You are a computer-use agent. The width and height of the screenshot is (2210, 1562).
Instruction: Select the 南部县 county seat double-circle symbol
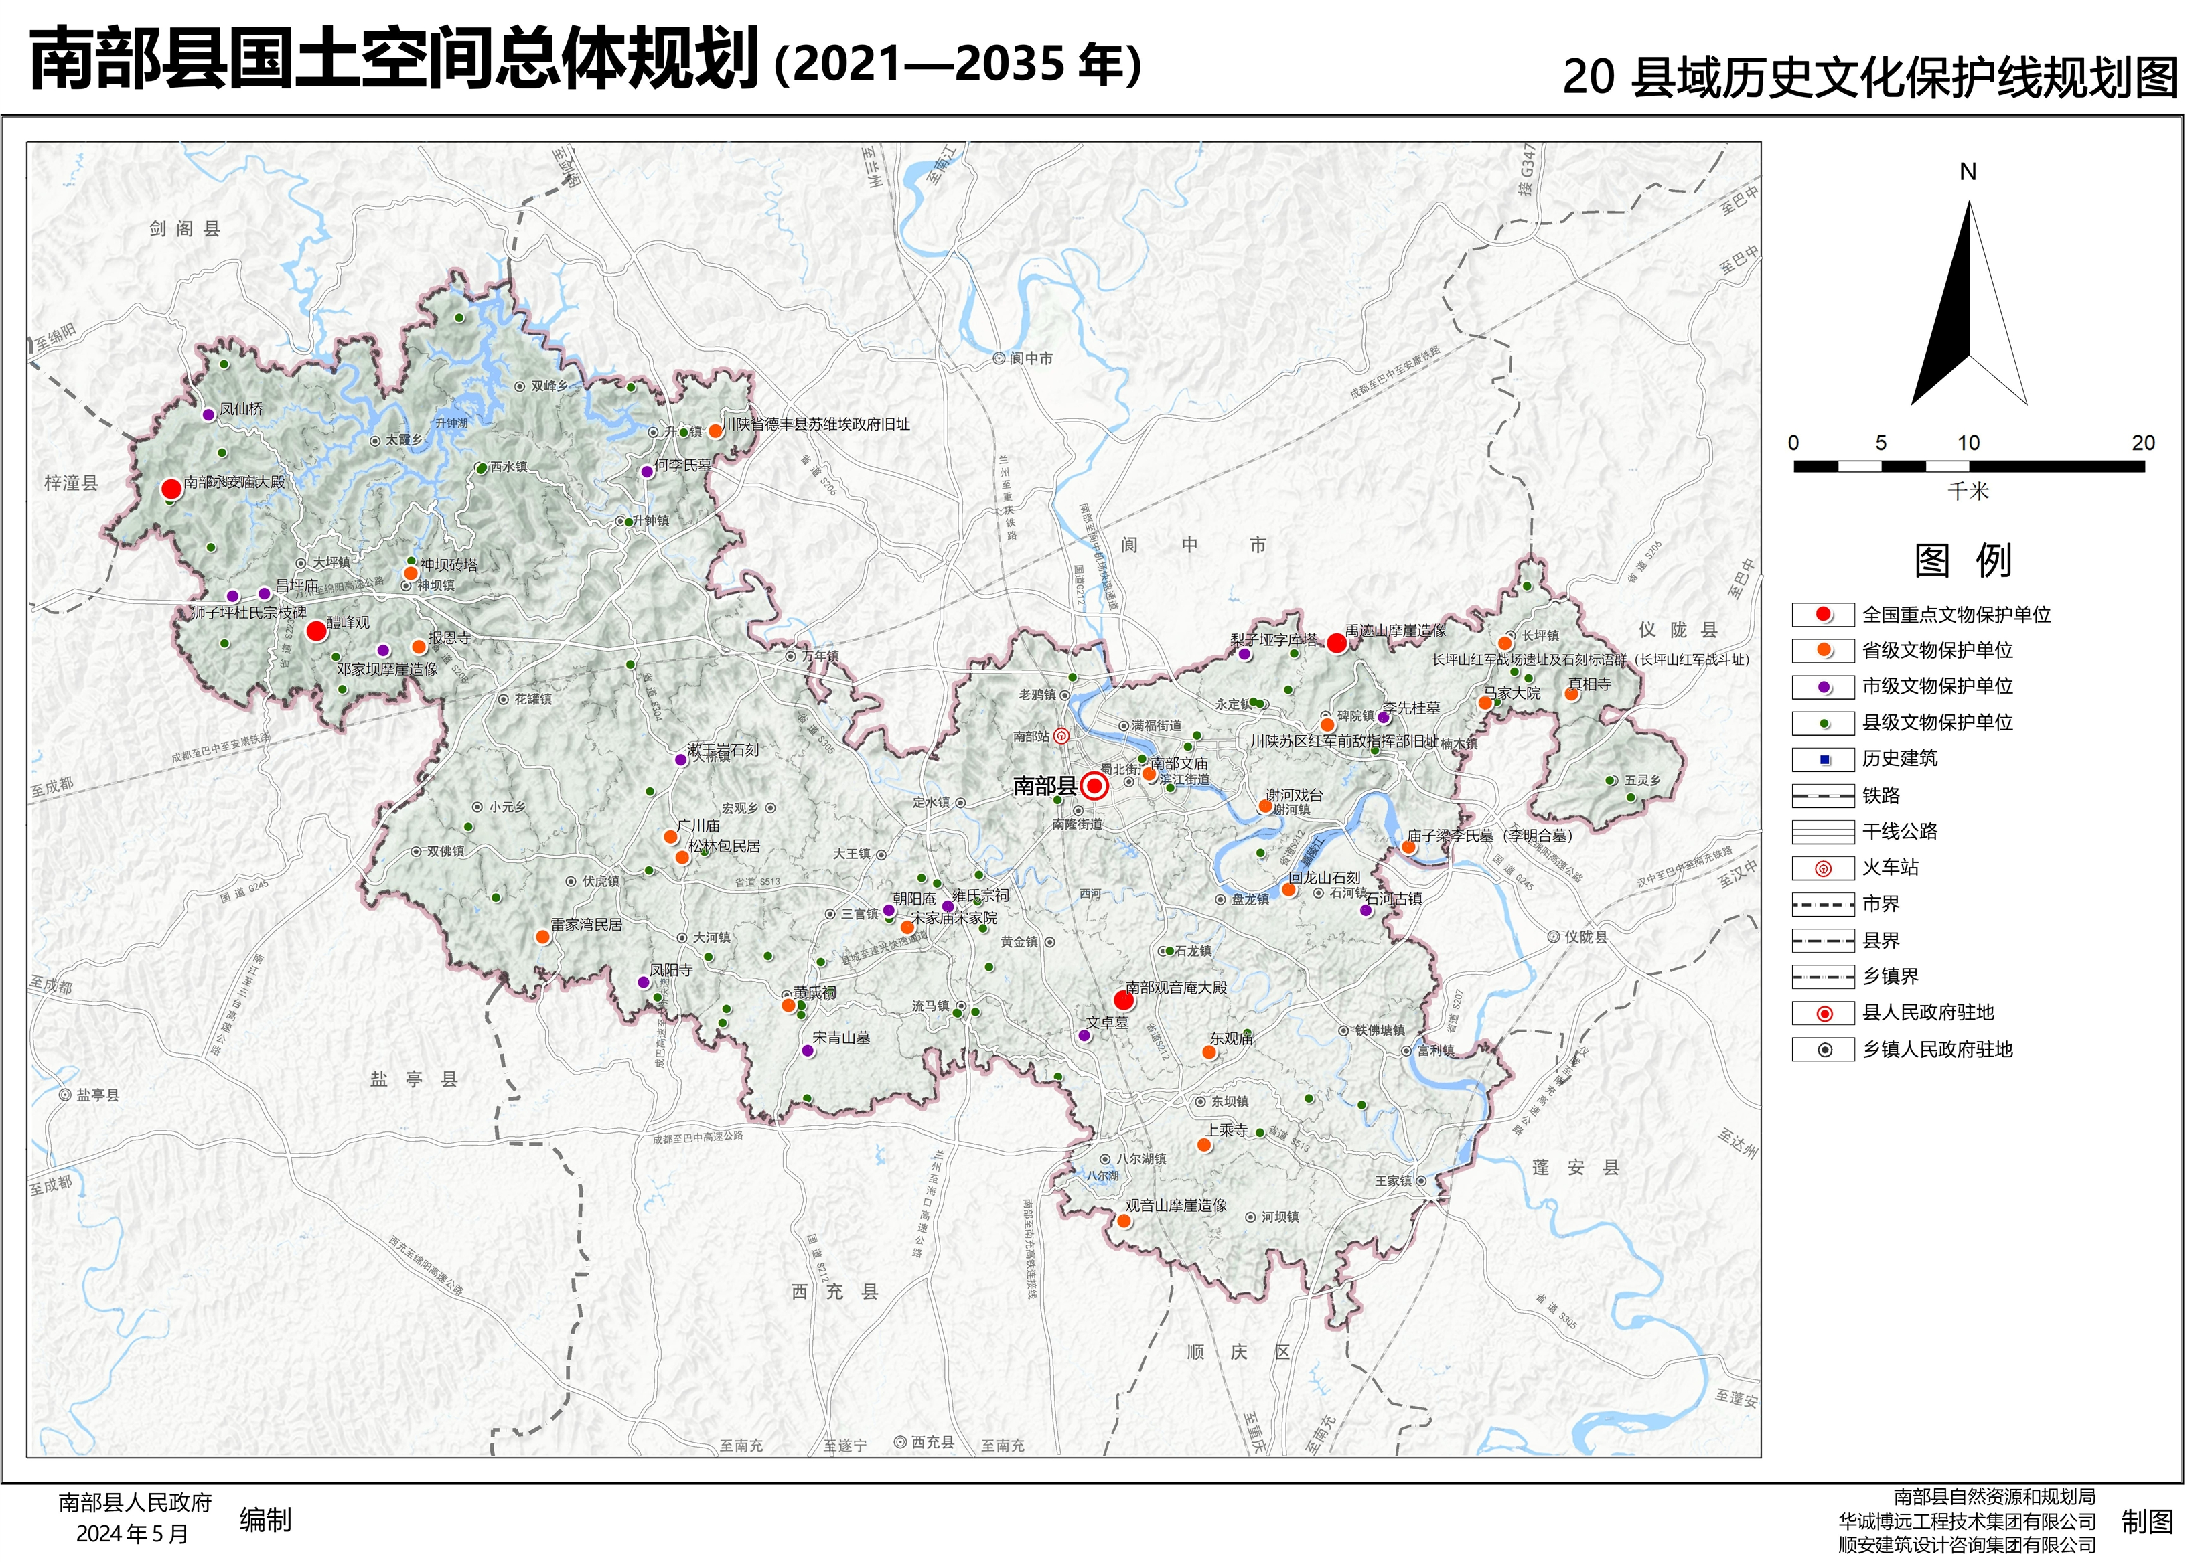tap(1094, 786)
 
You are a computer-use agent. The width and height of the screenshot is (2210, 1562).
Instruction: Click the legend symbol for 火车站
tap(1822, 869)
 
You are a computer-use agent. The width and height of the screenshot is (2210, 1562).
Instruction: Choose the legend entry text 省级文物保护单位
tap(1937, 651)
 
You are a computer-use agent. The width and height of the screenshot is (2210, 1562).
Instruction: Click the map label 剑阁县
tap(185, 229)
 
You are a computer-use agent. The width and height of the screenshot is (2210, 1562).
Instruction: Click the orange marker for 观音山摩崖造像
tap(1123, 1221)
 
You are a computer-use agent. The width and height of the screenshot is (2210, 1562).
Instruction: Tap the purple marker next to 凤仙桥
tap(208, 415)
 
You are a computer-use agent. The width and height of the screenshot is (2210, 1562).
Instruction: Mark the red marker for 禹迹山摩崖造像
tap(1336, 643)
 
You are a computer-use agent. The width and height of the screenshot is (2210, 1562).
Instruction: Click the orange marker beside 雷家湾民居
tap(543, 937)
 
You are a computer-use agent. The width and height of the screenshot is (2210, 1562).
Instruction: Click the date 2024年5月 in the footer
tap(132, 1534)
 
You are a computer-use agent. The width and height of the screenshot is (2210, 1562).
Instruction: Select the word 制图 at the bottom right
tap(2148, 1522)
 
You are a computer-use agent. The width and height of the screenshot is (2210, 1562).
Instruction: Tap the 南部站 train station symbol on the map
tap(1061, 736)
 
